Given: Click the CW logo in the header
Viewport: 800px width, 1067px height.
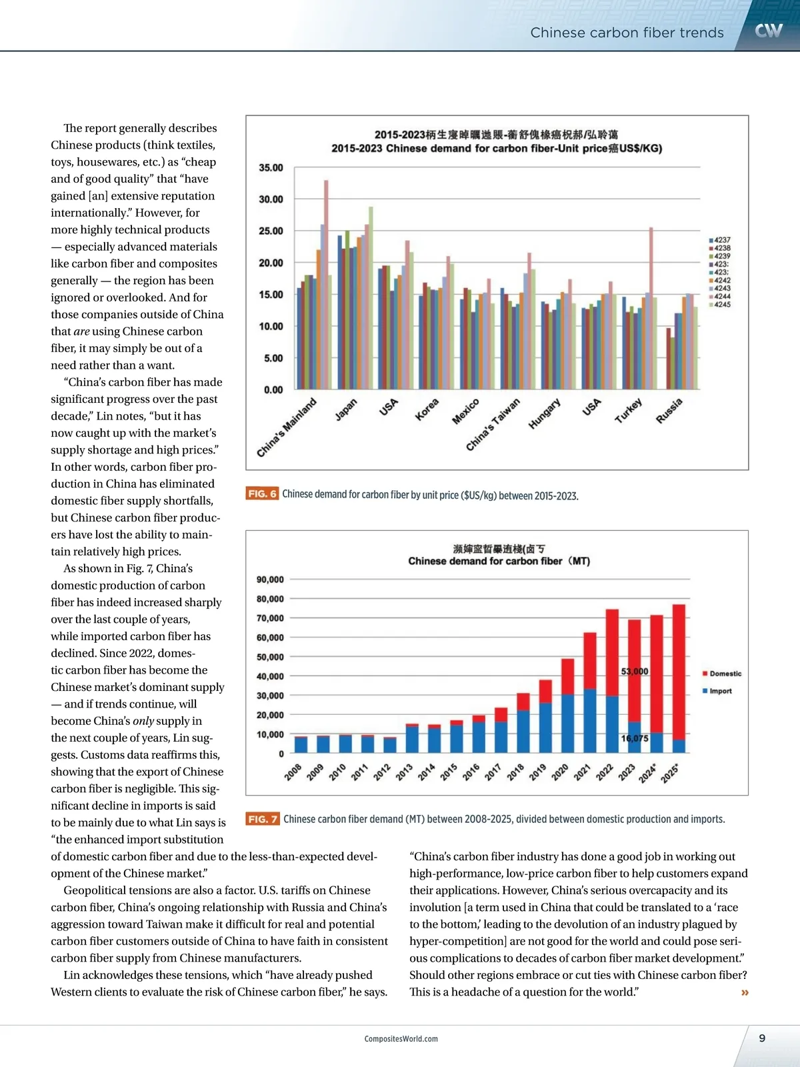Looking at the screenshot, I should click(x=768, y=31).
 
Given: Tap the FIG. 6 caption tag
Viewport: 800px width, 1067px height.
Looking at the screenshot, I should click(x=262, y=494).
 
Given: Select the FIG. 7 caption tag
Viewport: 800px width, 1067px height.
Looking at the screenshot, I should click(x=263, y=819).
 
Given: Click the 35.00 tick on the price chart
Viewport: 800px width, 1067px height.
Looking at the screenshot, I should click(x=271, y=168).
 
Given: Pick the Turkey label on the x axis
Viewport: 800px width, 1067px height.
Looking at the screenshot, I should click(x=628, y=411).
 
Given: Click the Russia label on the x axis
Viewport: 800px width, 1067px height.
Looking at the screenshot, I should click(x=669, y=411).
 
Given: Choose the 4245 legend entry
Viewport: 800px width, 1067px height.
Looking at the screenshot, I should click(x=721, y=305).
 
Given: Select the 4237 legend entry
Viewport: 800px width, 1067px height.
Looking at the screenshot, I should click(x=721, y=240).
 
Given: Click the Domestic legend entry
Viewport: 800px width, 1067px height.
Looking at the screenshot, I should click(x=723, y=674).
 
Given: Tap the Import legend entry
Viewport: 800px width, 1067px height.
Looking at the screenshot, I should click(x=718, y=691).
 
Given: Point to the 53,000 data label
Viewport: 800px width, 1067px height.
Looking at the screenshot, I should click(x=634, y=672).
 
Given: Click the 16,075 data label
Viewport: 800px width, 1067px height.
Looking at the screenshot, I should click(x=634, y=738).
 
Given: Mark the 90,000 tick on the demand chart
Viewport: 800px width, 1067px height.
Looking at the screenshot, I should click(x=270, y=580).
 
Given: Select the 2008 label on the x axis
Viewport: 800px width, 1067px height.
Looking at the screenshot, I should click(x=293, y=773).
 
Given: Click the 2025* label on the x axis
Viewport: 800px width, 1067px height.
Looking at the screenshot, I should click(x=669, y=774).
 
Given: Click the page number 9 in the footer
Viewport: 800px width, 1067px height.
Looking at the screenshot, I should click(x=762, y=1038).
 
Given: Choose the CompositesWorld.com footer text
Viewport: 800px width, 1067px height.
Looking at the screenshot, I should click(x=401, y=1039).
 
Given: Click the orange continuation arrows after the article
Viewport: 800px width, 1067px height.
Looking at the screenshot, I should click(x=745, y=993).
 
